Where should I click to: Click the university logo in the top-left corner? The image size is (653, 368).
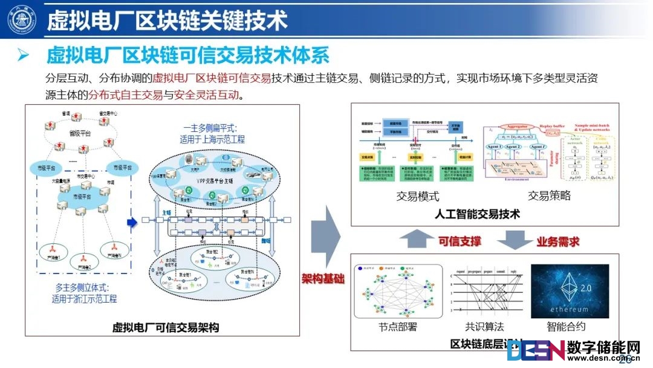click(x=22, y=21)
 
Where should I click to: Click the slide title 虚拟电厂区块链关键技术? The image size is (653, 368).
click(x=167, y=21)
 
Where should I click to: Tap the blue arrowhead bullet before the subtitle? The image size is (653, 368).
click(x=24, y=56)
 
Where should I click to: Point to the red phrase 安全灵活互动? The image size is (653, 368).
click(x=206, y=95)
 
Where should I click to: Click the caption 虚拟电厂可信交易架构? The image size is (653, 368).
click(x=165, y=327)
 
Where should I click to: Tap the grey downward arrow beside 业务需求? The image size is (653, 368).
click(x=514, y=240)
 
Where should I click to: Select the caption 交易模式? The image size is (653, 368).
click(x=417, y=195)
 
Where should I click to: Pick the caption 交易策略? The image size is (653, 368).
click(x=549, y=195)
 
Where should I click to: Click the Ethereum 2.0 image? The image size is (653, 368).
click(x=570, y=291)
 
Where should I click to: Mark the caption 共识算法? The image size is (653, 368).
click(x=484, y=326)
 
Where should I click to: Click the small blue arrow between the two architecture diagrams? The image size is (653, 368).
click(x=132, y=223)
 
